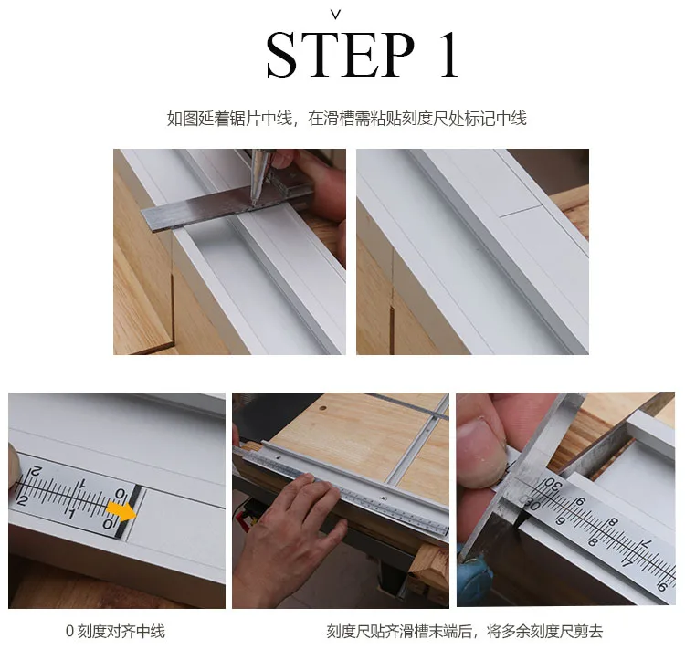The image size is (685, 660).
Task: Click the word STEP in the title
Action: [340, 55]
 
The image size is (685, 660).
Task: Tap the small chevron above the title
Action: [335, 16]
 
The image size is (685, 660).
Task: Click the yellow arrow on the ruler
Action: [121, 510]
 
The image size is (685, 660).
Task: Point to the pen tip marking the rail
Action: [253, 203]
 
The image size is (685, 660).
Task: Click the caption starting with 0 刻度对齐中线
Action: [115, 631]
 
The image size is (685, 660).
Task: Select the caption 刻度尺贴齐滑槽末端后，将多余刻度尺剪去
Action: [465, 631]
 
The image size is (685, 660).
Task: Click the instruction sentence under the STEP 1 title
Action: [347, 119]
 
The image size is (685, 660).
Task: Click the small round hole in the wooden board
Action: [322, 409]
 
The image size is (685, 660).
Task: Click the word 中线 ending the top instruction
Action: [511, 119]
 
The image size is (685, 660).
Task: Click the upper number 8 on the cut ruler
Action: [614, 522]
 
